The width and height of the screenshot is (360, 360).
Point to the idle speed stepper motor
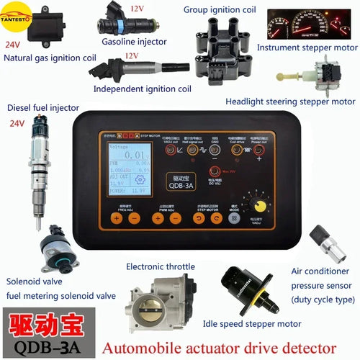[x=248, y=288]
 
